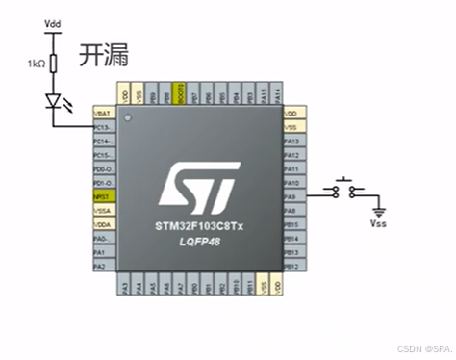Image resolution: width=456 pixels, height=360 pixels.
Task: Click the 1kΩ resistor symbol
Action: click(53, 64)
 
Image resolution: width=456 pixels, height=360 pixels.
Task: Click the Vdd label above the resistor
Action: click(53, 19)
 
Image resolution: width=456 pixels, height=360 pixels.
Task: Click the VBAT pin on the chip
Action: click(102, 113)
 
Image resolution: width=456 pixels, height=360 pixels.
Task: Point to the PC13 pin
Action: click(102, 126)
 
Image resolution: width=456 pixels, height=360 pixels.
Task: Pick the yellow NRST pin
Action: click(102, 194)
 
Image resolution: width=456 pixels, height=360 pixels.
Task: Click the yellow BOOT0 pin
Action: click(181, 93)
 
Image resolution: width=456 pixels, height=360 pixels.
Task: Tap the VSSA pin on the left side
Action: click(102, 209)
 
